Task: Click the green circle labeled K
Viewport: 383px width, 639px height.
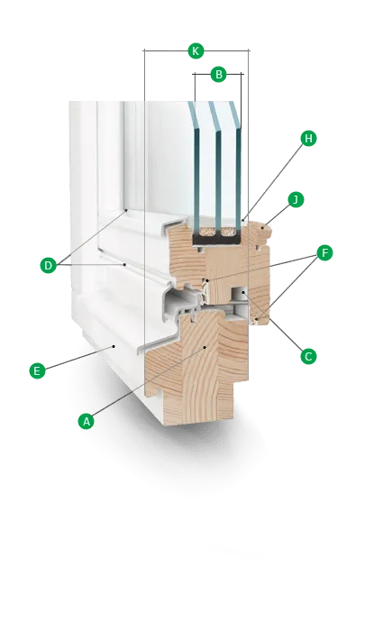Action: coord(196,51)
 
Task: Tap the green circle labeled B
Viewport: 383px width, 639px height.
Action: coord(219,75)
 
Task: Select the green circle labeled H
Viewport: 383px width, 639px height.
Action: coord(308,139)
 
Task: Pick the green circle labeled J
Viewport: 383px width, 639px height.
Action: coord(296,200)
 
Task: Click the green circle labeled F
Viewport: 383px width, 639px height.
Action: coord(324,253)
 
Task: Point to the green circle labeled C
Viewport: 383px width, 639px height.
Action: coord(308,357)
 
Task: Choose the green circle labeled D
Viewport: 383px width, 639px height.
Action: coord(48,266)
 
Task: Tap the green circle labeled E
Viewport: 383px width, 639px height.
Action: coord(37,371)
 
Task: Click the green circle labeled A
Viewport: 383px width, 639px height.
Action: coord(86,421)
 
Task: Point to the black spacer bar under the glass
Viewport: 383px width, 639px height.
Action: coord(217,240)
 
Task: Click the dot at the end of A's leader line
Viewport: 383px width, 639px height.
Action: coord(205,347)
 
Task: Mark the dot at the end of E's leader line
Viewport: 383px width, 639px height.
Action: coord(114,347)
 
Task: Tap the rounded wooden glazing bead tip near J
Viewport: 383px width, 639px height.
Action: coord(266,232)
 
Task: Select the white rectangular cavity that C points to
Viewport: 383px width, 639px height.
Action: coord(239,294)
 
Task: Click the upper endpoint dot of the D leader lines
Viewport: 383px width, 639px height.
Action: coord(126,210)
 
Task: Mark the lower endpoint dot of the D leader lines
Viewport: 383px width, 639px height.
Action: coord(124,265)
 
